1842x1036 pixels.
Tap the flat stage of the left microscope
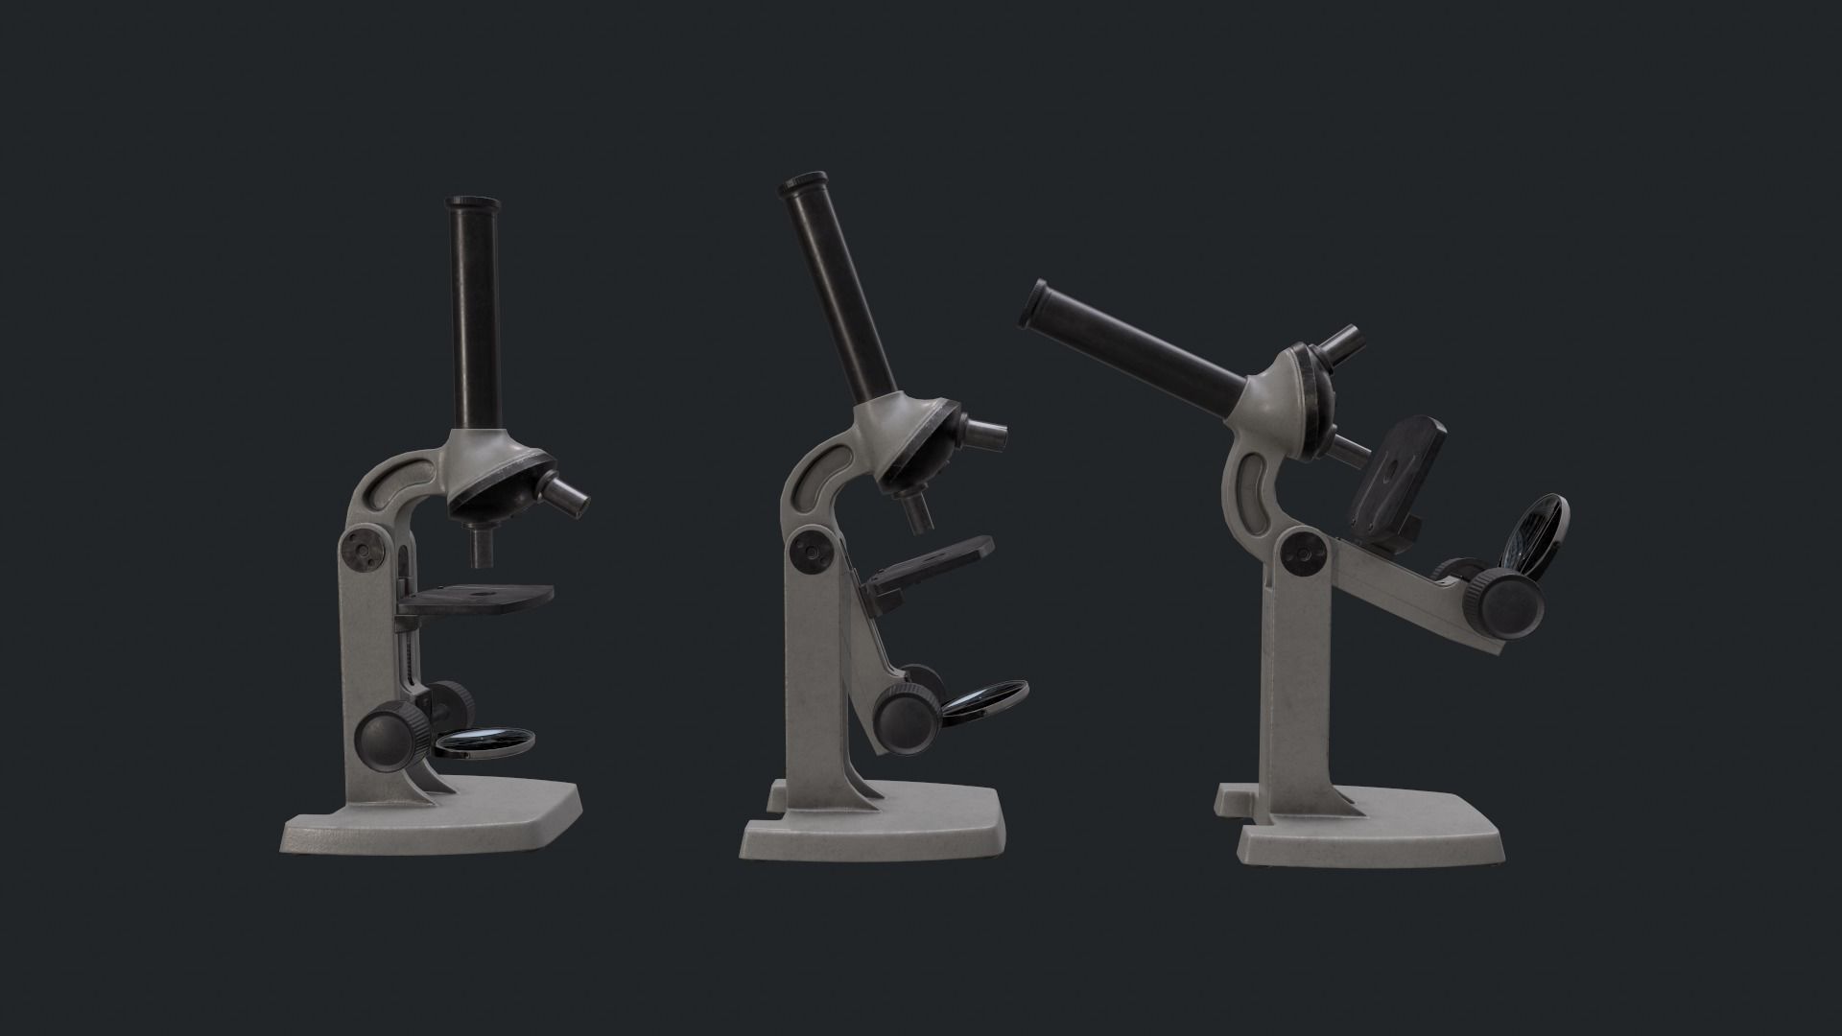(476, 600)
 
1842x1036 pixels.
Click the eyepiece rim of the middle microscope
(802, 184)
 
